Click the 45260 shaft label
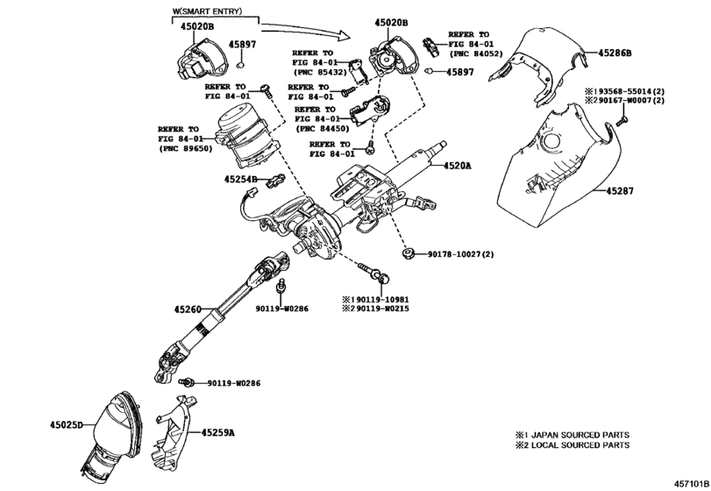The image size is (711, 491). point(188,309)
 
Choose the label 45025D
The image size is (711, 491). point(66,425)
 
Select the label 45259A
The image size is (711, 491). point(218,432)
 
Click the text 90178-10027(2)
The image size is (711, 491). point(461,254)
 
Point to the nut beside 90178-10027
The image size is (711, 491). point(408,254)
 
